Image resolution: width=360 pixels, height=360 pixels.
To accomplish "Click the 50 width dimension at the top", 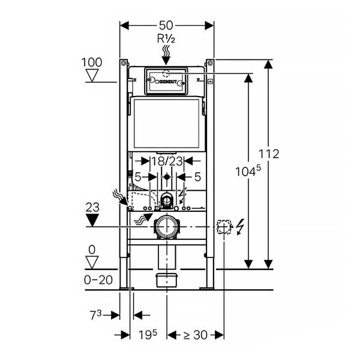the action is (166, 25).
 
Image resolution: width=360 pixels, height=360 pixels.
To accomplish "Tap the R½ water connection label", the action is (166, 38).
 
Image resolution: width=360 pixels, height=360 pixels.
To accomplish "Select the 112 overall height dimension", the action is (269, 154).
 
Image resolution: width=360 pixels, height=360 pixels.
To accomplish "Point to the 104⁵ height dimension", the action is (248, 171).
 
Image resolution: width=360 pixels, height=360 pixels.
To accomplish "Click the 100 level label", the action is (92, 62).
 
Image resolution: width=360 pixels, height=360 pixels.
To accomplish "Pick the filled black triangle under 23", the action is (92, 220).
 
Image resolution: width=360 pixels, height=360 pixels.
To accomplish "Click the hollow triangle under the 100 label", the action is (92, 76).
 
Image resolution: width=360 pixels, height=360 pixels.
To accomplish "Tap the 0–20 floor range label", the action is (98, 280).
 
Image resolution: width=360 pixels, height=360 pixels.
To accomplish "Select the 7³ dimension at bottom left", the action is (95, 315).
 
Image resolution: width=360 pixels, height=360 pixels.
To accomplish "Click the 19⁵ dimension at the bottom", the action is (148, 335).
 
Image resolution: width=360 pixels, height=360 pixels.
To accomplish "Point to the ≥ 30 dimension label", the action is (196, 335).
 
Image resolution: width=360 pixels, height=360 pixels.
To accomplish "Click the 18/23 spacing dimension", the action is (167, 161).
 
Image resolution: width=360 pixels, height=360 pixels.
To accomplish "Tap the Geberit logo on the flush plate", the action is (166, 82).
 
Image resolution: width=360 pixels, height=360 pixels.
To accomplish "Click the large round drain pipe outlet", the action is (167, 227).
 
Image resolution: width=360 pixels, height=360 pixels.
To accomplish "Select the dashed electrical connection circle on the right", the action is (224, 227).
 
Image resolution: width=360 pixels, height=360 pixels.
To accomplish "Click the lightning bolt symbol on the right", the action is (240, 227).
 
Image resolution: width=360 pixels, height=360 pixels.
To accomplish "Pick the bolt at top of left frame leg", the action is (124, 62).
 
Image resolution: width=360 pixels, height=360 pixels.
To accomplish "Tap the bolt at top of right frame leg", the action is (210, 62).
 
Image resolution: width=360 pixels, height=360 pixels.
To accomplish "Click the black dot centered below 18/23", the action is (167, 177).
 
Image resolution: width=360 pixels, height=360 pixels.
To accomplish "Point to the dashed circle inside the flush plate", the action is (166, 73).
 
